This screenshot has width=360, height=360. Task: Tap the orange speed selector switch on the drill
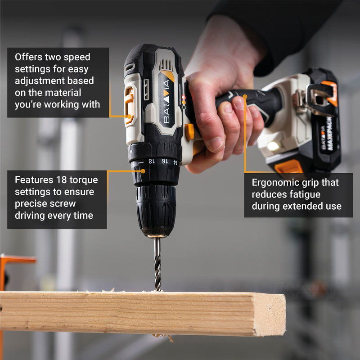(129, 105)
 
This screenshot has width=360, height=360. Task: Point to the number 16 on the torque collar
(164, 162)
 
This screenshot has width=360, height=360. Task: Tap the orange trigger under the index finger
(189, 131)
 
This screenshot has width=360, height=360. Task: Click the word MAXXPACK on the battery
(330, 135)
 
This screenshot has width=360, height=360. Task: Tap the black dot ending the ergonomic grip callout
(245, 95)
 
